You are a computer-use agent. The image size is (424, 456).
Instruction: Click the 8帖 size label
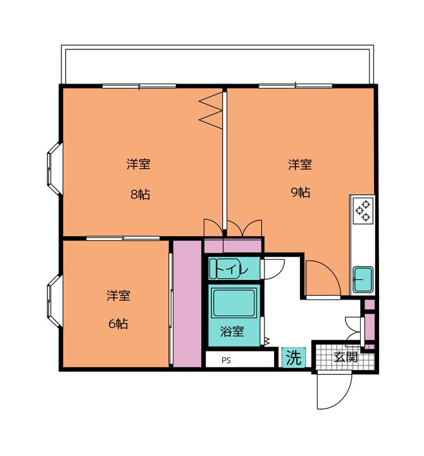click(140, 194)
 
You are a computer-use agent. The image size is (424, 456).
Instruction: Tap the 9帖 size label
click(301, 193)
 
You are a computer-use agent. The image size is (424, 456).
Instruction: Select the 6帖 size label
click(118, 324)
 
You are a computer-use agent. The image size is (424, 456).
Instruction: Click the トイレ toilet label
click(232, 269)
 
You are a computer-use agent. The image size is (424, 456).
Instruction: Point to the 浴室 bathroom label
click(232, 331)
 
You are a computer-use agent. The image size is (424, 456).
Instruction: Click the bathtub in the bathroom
click(234, 303)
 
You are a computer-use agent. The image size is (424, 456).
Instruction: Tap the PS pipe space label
click(226, 360)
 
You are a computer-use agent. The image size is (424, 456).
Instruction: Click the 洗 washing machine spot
click(294, 357)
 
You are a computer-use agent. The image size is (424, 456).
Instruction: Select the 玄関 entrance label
click(346, 357)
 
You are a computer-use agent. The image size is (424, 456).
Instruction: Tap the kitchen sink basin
click(363, 279)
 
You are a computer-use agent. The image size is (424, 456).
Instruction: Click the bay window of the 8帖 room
click(54, 168)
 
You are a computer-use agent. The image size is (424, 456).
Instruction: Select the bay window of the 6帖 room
click(54, 301)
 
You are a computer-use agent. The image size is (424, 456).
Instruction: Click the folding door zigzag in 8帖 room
click(211, 110)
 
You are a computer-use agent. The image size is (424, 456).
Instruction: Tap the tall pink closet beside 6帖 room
click(187, 303)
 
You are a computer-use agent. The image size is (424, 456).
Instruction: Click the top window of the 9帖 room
click(296, 85)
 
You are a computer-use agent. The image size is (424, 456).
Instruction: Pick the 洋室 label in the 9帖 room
click(300, 164)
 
